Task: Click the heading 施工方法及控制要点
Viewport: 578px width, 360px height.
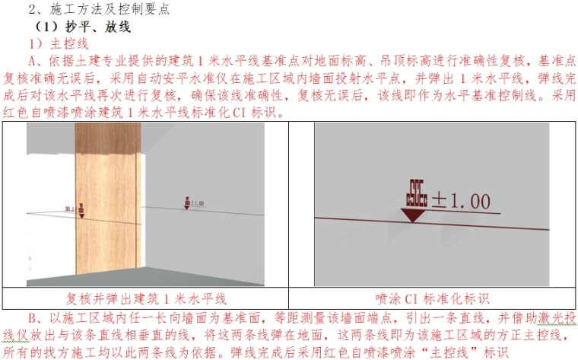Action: pyautogui.click(x=110, y=9)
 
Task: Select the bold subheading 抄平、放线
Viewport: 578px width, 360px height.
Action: pyautogui.click(x=97, y=27)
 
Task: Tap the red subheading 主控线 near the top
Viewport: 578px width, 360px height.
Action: pyautogui.click(x=69, y=43)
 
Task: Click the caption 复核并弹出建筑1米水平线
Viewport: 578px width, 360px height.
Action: pyautogui.click(x=146, y=298)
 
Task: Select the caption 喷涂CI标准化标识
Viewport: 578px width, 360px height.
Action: pyautogui.click(x=432, y=298)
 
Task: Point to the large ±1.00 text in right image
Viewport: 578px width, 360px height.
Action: pyautogui.click(x=461, y=202)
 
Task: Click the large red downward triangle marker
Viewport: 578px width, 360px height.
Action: pyautogui.click(x=413, y=215)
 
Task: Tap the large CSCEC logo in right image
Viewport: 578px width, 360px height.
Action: pyautogui.click(x=417, y=193)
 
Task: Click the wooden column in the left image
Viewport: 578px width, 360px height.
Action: pyautogui.click(x=108, y=199)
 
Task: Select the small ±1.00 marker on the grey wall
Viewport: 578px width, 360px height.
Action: pyautogui.click(x=194, y=203)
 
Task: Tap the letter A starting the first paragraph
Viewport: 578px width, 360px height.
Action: pyautogui.click(x=33, y=61)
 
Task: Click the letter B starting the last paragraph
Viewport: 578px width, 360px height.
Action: pyautogui.click(x=33, y=318)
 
